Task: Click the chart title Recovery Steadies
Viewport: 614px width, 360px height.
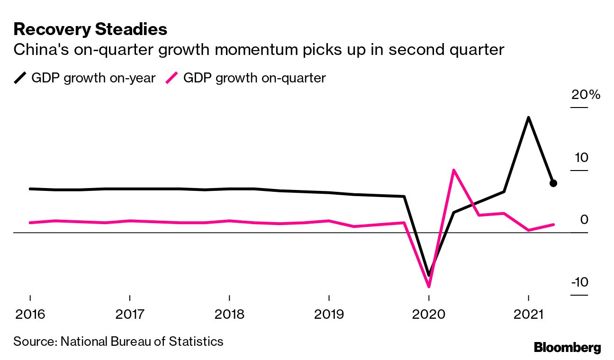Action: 90,29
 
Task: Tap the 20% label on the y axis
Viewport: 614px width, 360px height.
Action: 586,95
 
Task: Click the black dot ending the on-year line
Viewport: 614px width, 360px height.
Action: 553,183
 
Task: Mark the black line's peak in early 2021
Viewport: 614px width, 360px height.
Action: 528,117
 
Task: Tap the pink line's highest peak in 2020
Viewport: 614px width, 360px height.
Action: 454,170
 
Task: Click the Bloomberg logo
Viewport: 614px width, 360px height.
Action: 567,347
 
